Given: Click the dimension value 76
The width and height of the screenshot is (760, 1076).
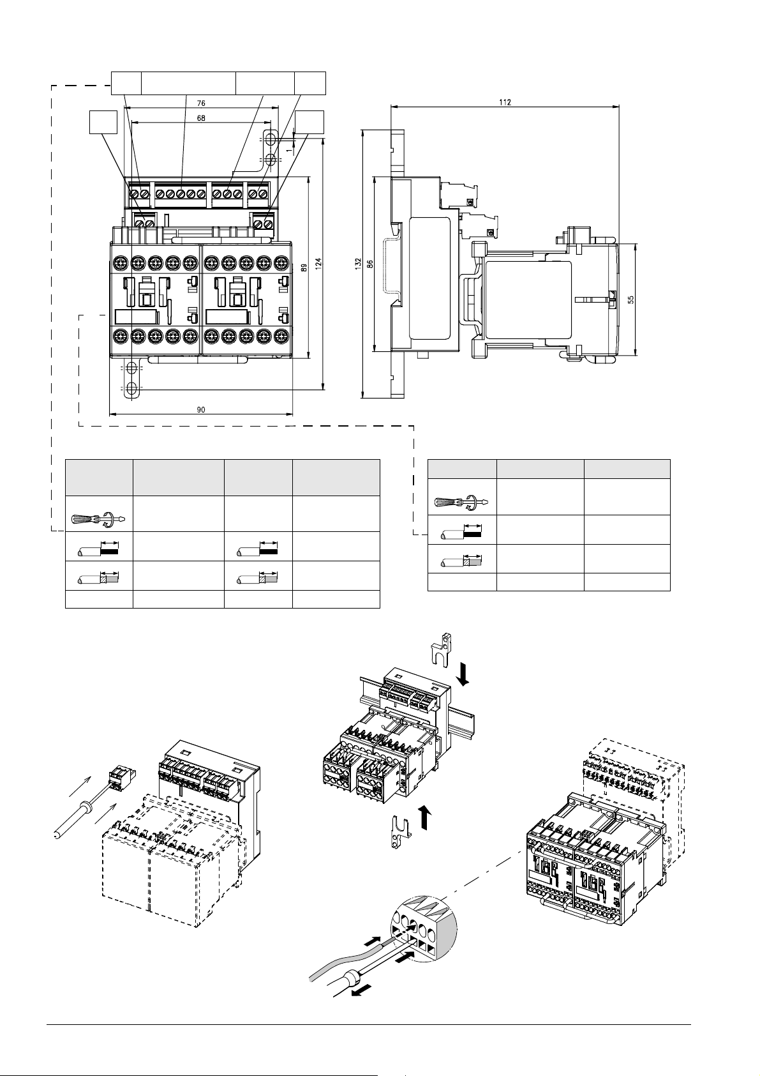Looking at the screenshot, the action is coord(200,103).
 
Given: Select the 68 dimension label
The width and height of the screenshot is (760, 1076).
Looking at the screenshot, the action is coord(200,117).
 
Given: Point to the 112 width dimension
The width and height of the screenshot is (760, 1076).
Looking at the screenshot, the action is coord(505,102).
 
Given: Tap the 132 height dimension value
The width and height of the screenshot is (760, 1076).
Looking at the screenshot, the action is coord(358,264).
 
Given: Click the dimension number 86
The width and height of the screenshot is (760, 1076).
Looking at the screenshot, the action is coord(370,264).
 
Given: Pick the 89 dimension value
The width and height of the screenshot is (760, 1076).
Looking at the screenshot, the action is coord(303,268).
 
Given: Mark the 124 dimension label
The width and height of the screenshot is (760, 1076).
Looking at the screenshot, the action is coord(318,264).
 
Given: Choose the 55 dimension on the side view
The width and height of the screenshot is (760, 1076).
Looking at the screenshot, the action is coord(631,299).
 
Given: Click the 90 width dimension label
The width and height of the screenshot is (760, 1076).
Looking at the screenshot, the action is coord(200,410).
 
